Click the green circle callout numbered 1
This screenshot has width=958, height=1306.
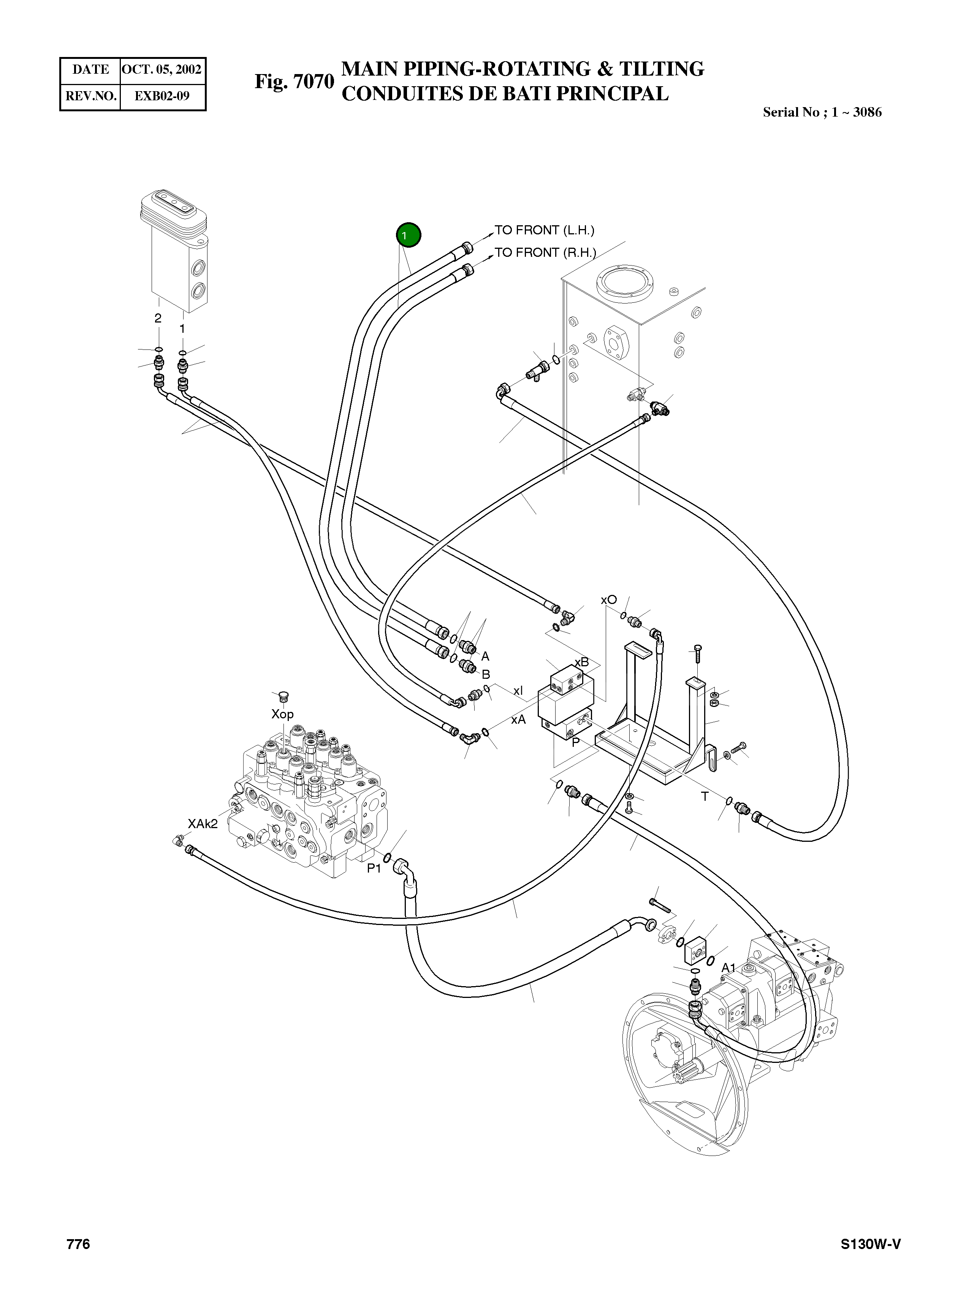(x=408, y=236)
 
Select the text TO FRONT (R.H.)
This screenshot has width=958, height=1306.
(x=545, y=253)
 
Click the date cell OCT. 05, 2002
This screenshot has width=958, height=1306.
(x=162, y=70)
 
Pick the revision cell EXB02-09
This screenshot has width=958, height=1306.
(x=162, y=96)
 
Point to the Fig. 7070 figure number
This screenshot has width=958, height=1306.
(x=295, y=82)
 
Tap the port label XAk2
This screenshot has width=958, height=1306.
(x=203, y=824)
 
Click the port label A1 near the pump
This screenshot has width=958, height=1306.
(x=728, y=968)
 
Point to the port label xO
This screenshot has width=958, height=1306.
(x=608, y=600)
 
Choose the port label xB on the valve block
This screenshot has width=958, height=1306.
(x=582, y=662)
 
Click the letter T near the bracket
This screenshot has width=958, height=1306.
(x=705, y=797)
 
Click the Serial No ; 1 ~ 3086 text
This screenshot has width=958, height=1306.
(x=822, y=112)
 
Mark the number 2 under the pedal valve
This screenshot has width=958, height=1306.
(x=158, y=318)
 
